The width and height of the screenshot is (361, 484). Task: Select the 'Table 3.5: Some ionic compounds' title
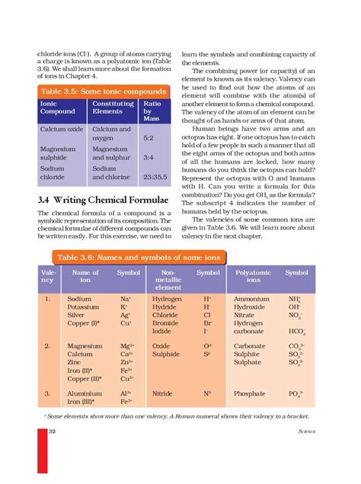(x=97, y=91)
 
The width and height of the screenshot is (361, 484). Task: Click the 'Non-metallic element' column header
(x=168, y=280)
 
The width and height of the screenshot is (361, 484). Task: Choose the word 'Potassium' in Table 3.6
(x=84, y=308)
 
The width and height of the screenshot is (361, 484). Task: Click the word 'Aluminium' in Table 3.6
(x=85, y=393)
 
